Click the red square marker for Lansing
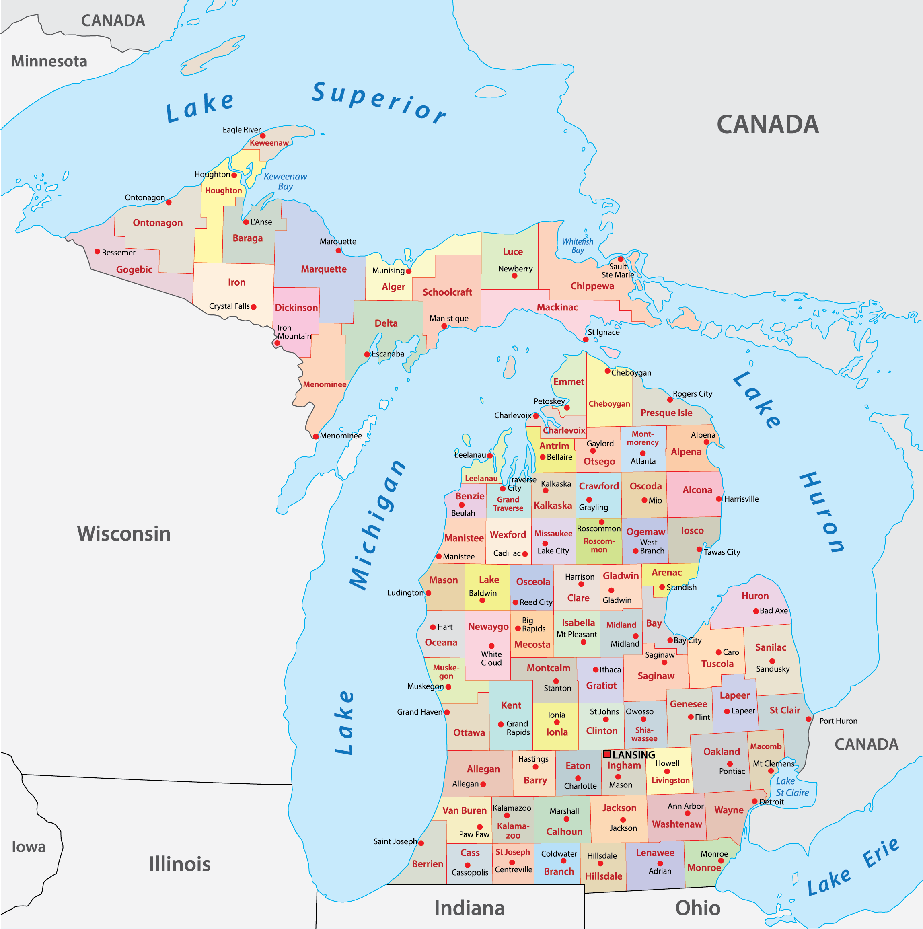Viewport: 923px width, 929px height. click(606, 754)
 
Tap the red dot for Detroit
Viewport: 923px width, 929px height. click(754, 801)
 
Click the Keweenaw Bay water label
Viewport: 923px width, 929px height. click(285, 181)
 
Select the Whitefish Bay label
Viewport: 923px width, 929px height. click(577, 246)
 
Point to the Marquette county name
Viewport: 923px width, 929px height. click(324, 269)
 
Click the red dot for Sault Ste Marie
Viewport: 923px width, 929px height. click(621, 259)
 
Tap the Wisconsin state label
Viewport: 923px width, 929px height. click(124, 534)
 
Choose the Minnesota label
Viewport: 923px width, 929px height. click(49, 61)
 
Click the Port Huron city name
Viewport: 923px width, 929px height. click(839, 721)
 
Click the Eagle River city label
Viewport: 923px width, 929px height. click(241, 130)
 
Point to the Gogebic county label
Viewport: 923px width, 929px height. click(134, 270)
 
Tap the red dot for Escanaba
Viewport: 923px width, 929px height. click(367, 354)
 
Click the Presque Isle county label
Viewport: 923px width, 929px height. click(666, 413)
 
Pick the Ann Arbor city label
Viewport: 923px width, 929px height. click(685, 806)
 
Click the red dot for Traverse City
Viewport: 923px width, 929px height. click(503, 489)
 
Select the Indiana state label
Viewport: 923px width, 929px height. click(469, 908)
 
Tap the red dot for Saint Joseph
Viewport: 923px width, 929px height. click(421, 843)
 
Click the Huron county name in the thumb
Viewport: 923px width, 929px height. click(754, 596)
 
